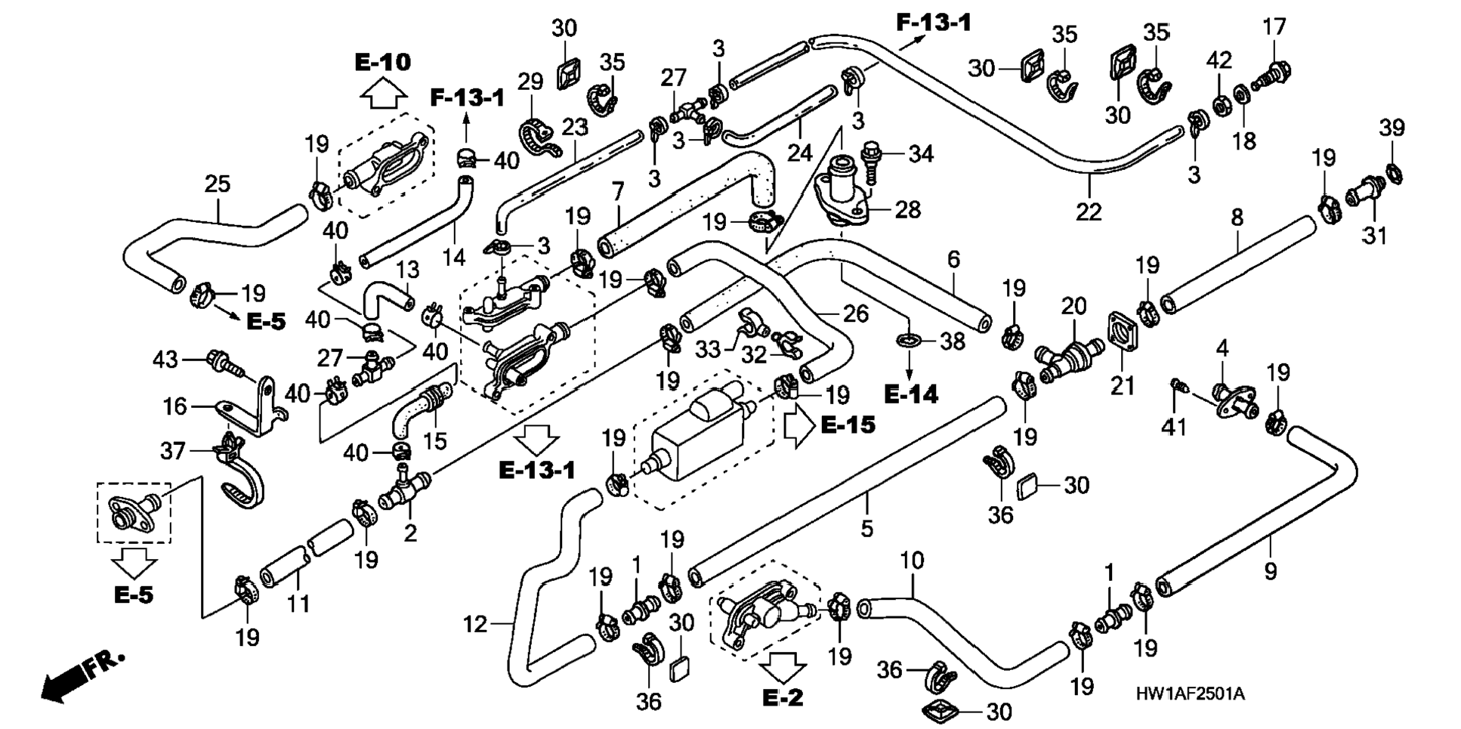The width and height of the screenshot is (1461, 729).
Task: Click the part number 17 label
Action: pos(1274,27)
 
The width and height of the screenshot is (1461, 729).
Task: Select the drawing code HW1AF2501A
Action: pos(1190,693)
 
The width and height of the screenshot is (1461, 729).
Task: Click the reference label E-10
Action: pos(382,62)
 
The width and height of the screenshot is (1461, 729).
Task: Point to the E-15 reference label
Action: pos(848,425)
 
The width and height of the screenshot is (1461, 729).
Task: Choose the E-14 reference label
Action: pos(910,394)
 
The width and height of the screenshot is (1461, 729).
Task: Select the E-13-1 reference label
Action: pos(536,470)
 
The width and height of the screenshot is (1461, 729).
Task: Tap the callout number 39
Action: pos(1392,128)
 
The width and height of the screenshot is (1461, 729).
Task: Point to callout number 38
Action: pos(953,341)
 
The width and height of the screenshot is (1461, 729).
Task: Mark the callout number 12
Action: pos(475,624)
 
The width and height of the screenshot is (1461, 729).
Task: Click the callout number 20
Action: pos(1073,306)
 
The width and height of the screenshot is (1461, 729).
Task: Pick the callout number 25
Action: pos(218,184)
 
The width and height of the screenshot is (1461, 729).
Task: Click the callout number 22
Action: pos(1089,212)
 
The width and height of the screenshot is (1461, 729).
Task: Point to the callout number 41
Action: pos(1173,427)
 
